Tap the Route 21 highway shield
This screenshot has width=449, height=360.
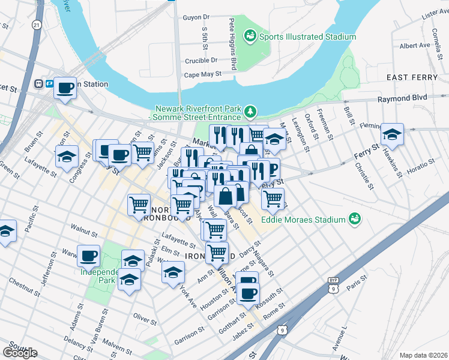click(x=37, y=25)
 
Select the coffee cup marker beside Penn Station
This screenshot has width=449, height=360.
click(x=65, y=88)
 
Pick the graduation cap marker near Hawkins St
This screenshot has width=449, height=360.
click(x=392, y=134)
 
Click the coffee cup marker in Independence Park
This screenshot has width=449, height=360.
click(x=89, y=256)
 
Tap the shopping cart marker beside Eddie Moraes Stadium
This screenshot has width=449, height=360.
click(x=273, y=199)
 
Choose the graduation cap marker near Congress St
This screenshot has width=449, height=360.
click(x=66, y=157)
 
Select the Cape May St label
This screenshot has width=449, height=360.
click(x=202, y=74)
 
